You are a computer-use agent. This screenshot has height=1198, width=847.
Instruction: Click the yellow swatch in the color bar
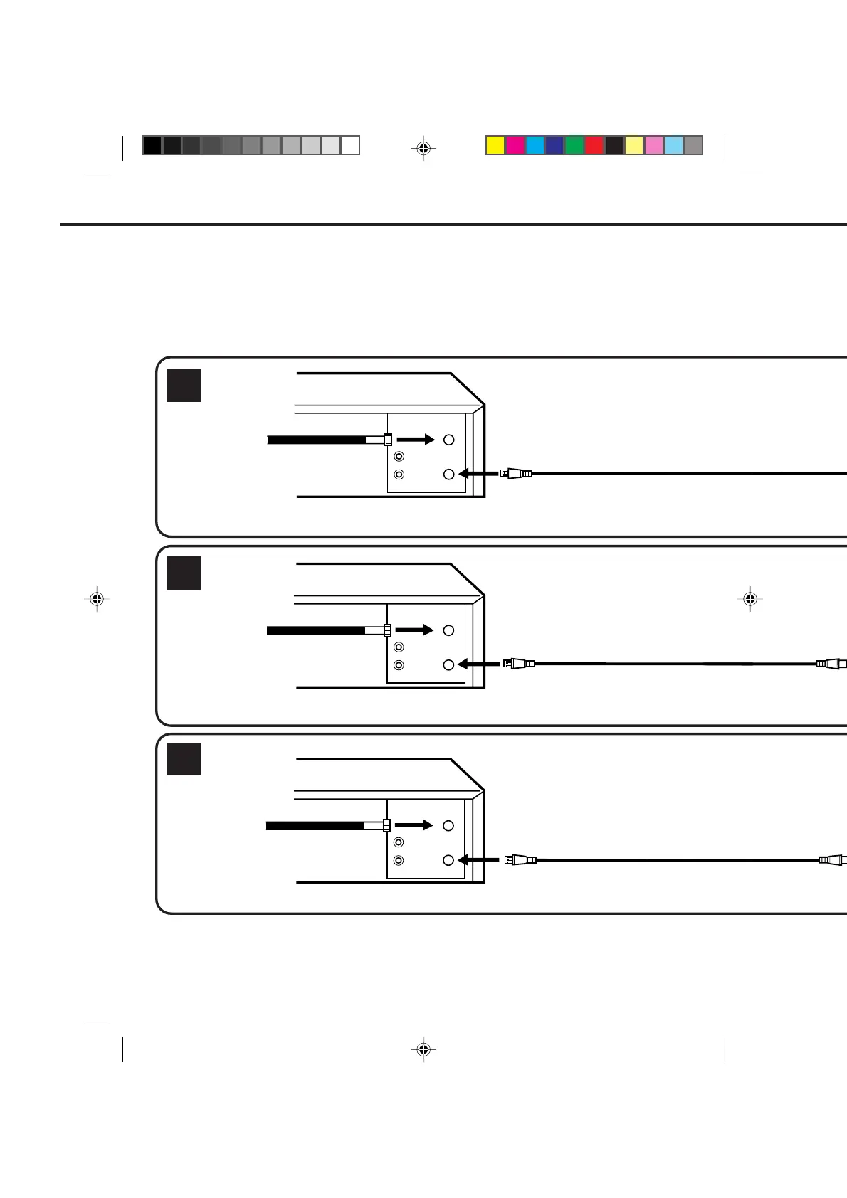coord(495,145)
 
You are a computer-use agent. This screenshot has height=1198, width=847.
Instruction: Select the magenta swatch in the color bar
coord(515,145)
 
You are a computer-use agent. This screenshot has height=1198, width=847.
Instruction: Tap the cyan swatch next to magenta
coord(535,145)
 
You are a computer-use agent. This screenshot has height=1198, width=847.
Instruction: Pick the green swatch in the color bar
coord(574,145)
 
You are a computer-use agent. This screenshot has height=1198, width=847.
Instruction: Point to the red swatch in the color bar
coord(594,145)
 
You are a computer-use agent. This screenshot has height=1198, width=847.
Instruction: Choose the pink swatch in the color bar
coord(653,145)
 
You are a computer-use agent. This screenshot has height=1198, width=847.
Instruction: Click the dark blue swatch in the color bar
coord(554,145)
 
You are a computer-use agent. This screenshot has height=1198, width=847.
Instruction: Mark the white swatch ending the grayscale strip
coord(350,145)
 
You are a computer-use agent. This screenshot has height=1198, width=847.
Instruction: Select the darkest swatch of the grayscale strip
coord(152,145)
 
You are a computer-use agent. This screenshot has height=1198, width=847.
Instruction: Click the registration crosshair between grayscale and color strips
coord(423,149)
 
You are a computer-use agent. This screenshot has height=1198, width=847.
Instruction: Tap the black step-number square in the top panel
coord(184,386)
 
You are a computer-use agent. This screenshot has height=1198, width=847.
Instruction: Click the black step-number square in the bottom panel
coord(184,759)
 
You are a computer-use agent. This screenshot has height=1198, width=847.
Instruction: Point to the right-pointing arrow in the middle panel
coord(414,630)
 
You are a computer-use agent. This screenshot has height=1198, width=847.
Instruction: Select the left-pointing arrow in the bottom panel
coord(478,860)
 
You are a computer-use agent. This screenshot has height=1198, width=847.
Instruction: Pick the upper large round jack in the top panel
coord(448,440)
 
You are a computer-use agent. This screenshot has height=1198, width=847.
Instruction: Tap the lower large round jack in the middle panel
coord(448,664)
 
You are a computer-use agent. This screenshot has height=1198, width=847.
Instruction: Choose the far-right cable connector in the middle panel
coord(831,664)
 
